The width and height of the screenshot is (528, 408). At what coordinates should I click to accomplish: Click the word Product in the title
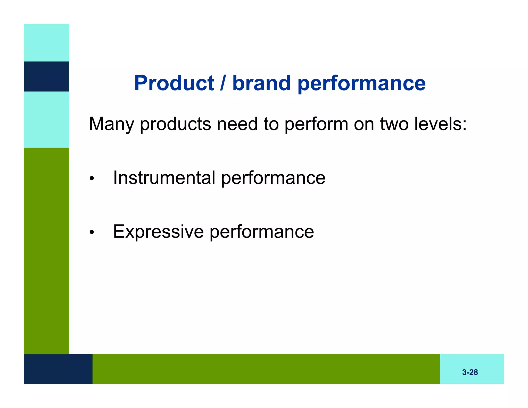[174, 83]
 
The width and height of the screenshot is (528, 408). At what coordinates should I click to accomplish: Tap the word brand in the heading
[261, 83]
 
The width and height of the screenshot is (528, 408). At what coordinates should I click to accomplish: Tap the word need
[237, 124]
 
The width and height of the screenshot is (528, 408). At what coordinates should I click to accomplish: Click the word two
[394, 124]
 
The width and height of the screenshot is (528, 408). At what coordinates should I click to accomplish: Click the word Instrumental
[164, 178]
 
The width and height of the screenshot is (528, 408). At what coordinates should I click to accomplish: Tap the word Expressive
[158, 232]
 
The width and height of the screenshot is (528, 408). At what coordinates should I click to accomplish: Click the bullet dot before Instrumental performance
[92, 179]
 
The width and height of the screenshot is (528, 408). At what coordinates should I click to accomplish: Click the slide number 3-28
[470, 372]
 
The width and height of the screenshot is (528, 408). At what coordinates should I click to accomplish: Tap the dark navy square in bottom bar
[58, 369]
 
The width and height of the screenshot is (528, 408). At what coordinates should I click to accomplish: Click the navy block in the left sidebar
[46, 76]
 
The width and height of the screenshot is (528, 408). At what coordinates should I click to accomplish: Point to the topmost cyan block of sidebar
[46, 43]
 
